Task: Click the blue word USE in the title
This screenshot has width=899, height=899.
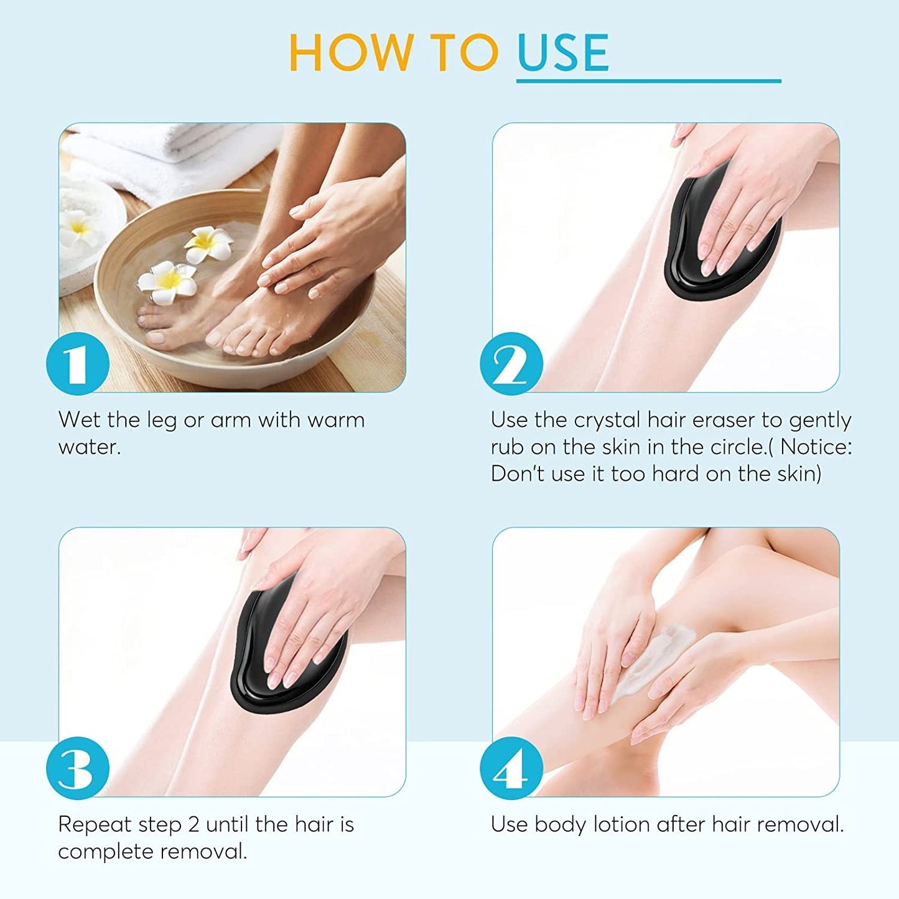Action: [x=562, y=52]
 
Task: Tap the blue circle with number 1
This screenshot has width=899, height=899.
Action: [x=78, y=364]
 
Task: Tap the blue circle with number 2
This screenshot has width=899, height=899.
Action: [x=511, y=364]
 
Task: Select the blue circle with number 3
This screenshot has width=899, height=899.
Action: [x=78, y=768]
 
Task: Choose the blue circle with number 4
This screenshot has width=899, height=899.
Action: [x=511, y=768]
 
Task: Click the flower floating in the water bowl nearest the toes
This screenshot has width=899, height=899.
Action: [x=167, y=282]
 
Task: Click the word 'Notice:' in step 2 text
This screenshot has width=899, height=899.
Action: [x=816, y=447]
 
